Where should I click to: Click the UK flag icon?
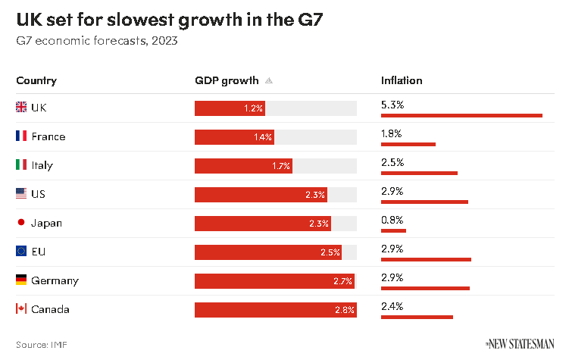(21, 108)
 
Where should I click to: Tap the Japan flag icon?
(21, 223)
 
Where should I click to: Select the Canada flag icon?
(21, 309)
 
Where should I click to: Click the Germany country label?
(55, 280)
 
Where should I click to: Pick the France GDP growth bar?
(234, 137)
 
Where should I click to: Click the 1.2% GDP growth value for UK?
(253, 108)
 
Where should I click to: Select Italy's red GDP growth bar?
(243, 166)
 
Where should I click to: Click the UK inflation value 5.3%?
(392, 105)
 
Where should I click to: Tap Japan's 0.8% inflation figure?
(392, 220)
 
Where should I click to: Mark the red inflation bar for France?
(408, 144)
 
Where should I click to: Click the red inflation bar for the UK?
(461, 115)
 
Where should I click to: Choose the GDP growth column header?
(227, 80)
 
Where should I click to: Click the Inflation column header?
(402, 80)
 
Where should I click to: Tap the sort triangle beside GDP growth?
(269, 81)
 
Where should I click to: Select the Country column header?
(36, 80)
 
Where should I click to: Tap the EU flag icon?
(21, 252)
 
